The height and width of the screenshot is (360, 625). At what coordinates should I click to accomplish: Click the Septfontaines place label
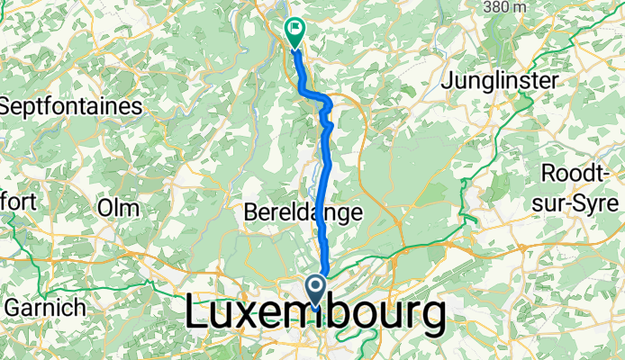(x=72, y=106)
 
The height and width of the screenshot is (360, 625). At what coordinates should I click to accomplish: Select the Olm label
(x=118, y=208)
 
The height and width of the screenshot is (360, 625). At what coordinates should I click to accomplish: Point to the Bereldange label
(x=303, y=212)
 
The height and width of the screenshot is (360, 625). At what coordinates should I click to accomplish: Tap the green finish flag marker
(x=294, y=31)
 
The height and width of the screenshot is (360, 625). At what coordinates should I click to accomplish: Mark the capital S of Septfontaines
(x=8, y=106)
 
